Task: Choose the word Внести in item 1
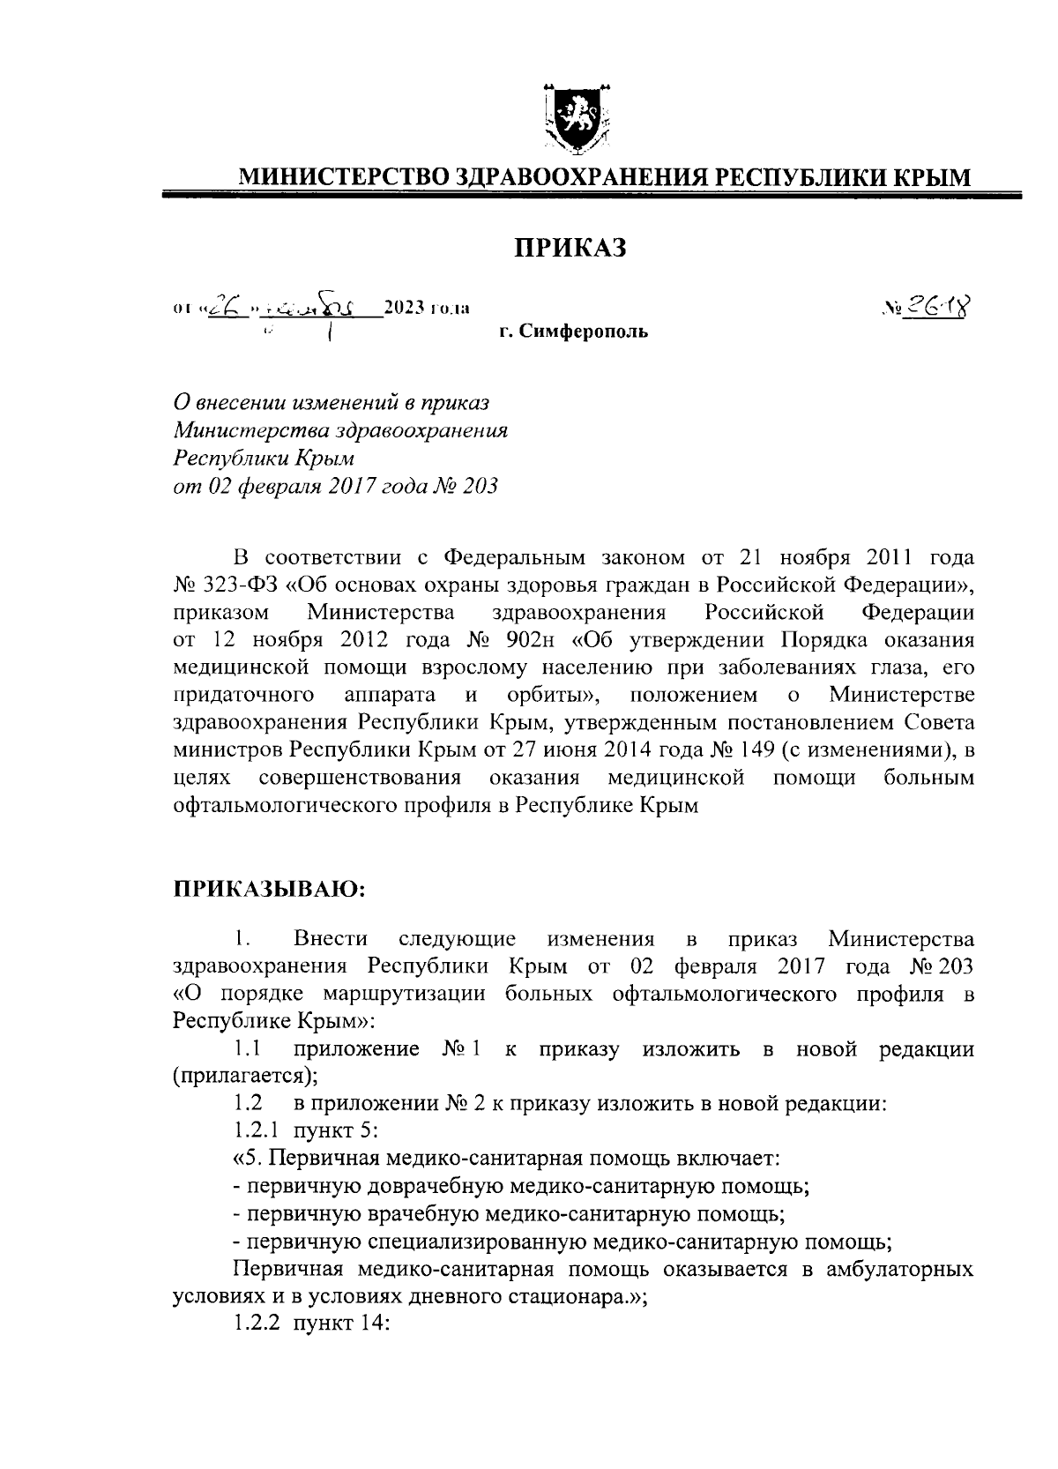331,939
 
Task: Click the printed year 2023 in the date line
399,308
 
